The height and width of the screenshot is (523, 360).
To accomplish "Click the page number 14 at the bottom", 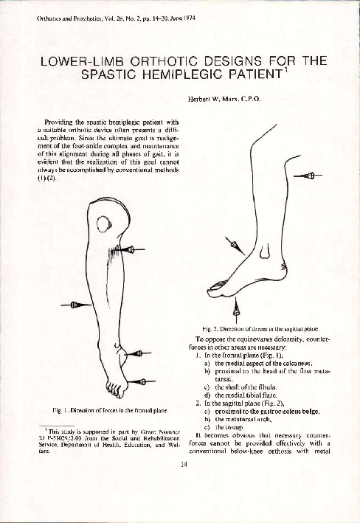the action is pyautogui.click(x=181, y=443).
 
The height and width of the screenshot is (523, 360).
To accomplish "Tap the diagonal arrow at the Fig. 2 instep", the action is pyautogui.click(x=232, y=242).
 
